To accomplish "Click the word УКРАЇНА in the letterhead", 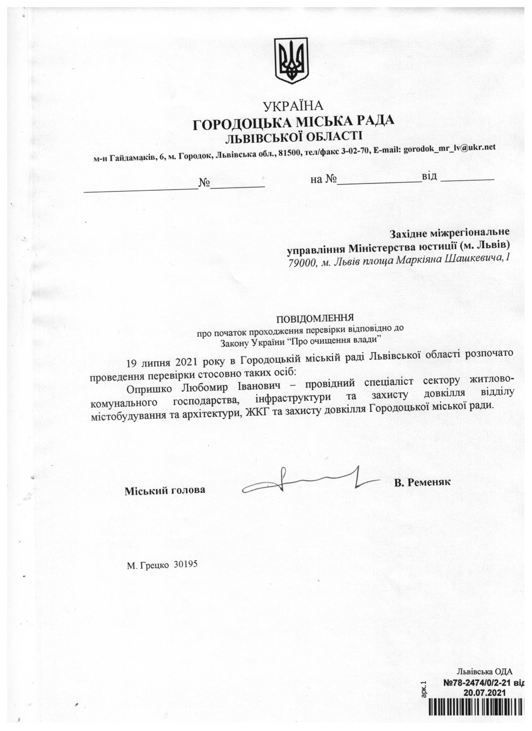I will click(x=293, y=106).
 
